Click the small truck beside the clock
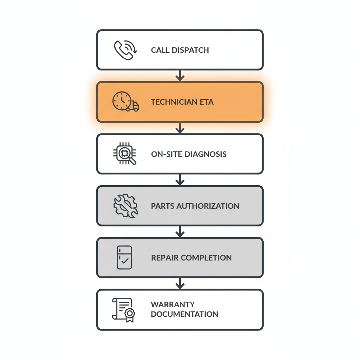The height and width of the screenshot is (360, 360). pos(133,106)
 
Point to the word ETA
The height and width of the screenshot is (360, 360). pos(206,102)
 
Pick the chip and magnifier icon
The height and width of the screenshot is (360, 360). pos(125,154)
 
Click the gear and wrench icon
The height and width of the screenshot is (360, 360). pos(126,206)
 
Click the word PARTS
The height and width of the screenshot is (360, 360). pos(162,206)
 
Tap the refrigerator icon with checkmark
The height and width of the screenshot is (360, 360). pos(124,258)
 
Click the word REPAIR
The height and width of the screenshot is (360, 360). pos(163,258)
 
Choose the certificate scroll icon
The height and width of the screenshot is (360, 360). pos(124,310)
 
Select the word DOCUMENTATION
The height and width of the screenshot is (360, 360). pos(185,314)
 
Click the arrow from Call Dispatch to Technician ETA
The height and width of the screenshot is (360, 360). pos(180,76)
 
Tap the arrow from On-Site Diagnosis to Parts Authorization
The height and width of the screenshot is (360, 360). pos(180,180)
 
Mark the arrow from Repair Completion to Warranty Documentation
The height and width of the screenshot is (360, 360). pos(180,283)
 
